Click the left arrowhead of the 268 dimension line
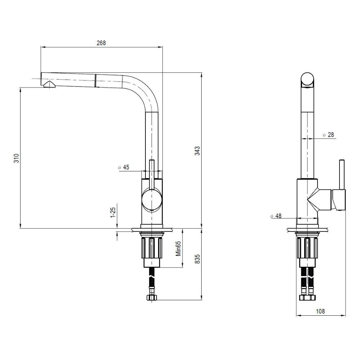[x=43, y=47]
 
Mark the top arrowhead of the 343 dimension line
[x=202, y=75]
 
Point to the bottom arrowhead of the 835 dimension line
[x=202, y=297]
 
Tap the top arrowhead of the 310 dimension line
[x=20, y=90]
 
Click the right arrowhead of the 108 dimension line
[x=343, y=315]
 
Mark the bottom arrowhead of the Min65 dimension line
[x=183, y=265]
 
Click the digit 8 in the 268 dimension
[x=104, y=43]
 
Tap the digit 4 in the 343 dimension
[x=197, y=151]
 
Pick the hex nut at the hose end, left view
[x=152, y=298]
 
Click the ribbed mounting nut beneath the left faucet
[x=152, y=248]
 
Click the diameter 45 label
[x=123, y=167]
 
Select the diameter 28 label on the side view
[x=328, y=135]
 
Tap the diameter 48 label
[x=276, y=216]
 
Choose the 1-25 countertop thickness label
[x=113, y=212]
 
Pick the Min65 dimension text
[x=179, y=248]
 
